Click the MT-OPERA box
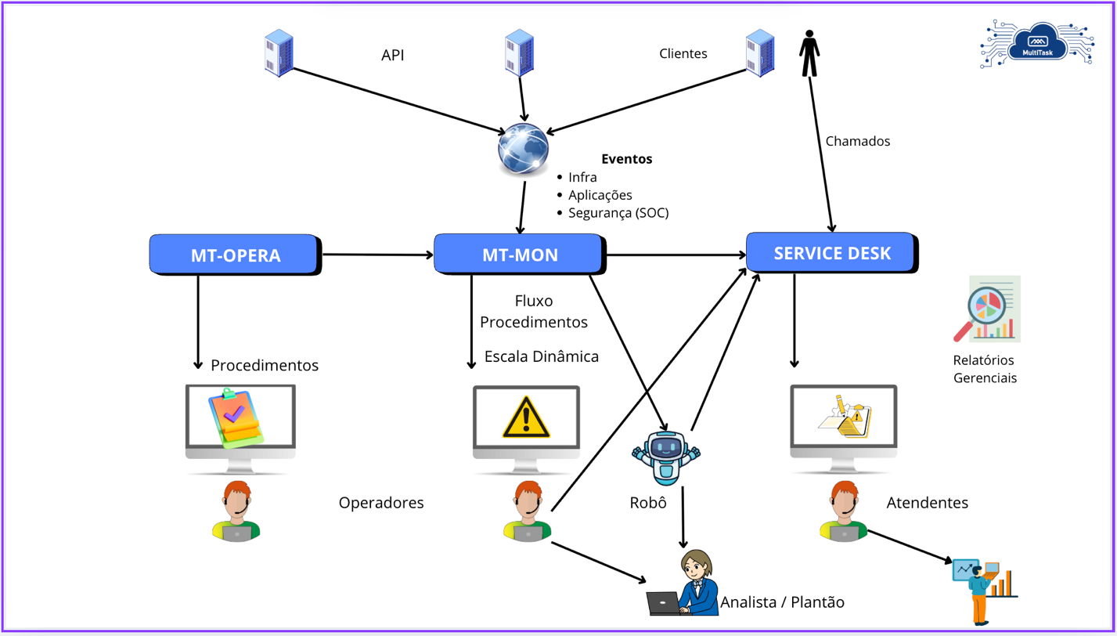[235, 255]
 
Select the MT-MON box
[518, 254]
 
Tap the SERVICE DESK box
[831, 253]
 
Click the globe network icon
[523, 149]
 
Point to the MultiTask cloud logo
[1035, 46]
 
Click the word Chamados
[858, 142]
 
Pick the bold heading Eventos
[626, 159]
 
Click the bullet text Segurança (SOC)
[618, 212]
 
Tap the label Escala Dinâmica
[542, 357]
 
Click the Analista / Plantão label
[783, 602]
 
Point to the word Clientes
[683, 54]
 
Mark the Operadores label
[381, 503]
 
